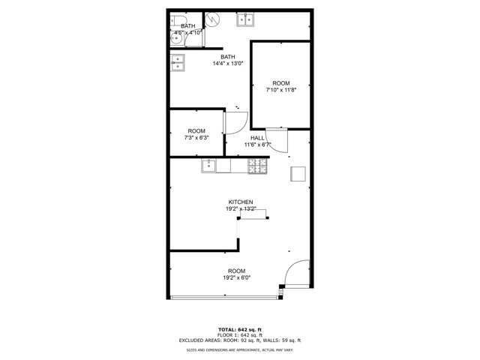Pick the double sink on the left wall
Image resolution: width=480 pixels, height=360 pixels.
click(178, 64)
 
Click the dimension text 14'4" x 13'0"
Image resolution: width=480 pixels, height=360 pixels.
click(227, 64)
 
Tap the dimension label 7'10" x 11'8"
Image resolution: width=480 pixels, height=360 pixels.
click(281, 89)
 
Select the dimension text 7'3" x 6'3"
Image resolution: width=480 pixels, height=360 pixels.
click(196, 138)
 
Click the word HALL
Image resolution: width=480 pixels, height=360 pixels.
click(257, 138)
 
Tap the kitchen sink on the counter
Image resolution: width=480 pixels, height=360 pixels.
click(210, 166)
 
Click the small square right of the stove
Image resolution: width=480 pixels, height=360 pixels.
click(298, 173)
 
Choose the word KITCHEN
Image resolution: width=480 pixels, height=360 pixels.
click(240, 202)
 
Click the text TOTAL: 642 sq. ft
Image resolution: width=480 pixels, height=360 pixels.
click(239, 329)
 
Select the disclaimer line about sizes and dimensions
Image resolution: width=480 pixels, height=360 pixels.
click(239, 350)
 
